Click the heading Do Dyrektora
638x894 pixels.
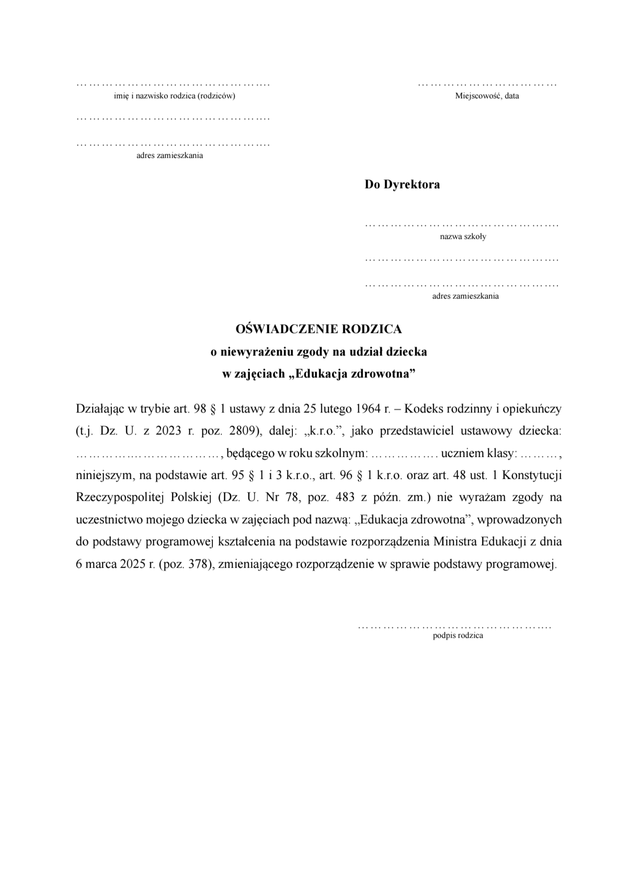point(402,185)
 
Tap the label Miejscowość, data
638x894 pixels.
point(487,96)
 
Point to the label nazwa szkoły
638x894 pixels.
point(463,237)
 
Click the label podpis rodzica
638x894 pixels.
point(458,636)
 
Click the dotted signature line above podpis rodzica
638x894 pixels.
point(454,626)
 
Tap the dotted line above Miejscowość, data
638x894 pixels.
point(487,84)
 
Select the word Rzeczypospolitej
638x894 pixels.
point(118,497)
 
